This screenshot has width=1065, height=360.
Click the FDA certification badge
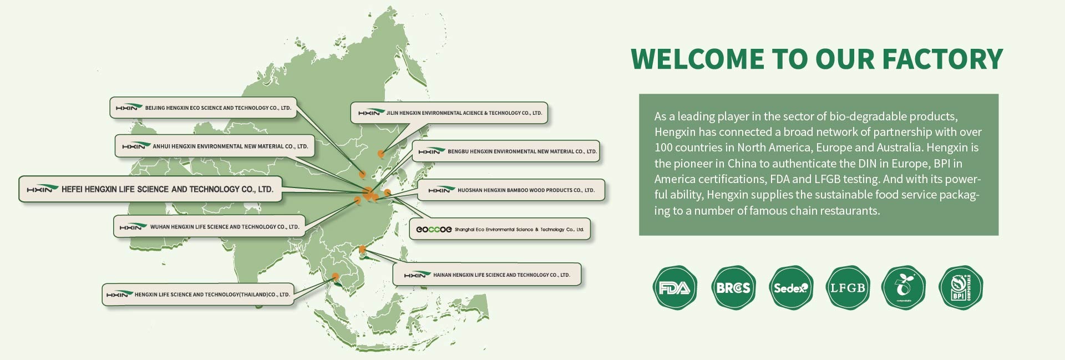click(x=674, y=287)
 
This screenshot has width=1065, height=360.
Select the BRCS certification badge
click(x=733, y=287)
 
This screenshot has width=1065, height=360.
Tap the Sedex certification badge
click(x=791, y=287)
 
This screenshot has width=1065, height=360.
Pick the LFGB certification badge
click(x=848, y=287)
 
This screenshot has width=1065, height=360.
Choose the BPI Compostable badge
click(x=961, y=287)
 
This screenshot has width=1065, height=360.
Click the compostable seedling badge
click(x=904, y=287)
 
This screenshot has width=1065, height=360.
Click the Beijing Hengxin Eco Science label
click(x=202, y=108)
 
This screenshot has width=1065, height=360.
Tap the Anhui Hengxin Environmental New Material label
click(x=215, y=146)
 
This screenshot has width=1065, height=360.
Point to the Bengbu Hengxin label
click(x=506, y=151)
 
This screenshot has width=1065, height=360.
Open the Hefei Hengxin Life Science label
click(x=150, y=189)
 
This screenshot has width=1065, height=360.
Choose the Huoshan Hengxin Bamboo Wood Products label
click(x=510, y=190)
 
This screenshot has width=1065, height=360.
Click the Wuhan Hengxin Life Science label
click(x=209, y=226)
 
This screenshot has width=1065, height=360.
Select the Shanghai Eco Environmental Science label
click(x=499, y=229)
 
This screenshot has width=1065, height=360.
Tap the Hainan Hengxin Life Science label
click(x=486, y=275)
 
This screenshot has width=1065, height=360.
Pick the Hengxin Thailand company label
click(x=197, y=295)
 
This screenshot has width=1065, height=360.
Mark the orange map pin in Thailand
click(x=335, y=276)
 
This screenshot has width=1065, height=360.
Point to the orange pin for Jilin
click(x=381, y=154)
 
